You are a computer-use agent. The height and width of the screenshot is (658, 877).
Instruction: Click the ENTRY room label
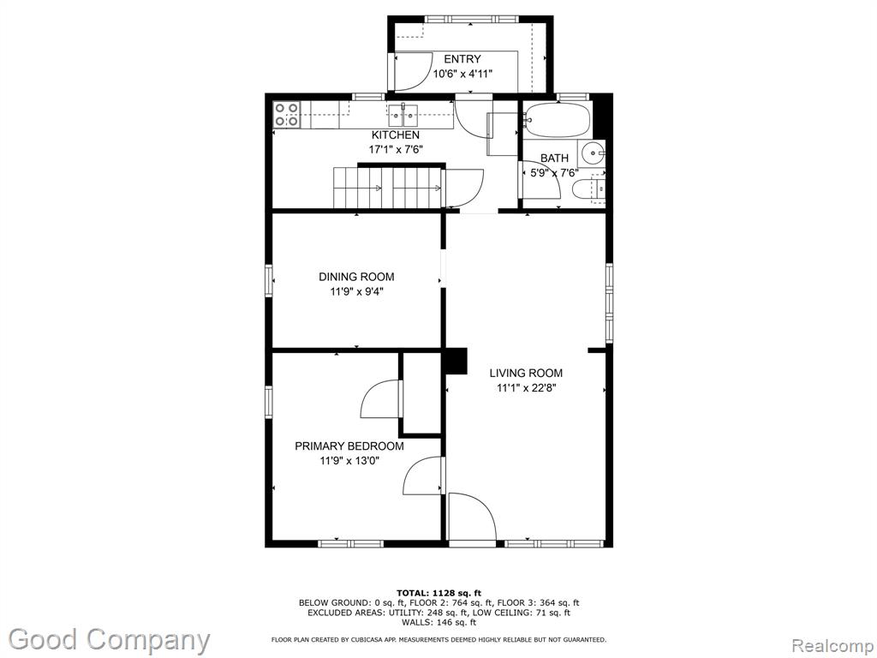(x=462, y=59)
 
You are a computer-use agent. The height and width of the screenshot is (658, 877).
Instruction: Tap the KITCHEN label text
(x=396, y=135)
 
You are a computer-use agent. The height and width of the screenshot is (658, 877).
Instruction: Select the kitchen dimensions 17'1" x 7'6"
(x=396, y=149)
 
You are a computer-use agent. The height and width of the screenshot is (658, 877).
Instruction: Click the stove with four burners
(x=286, y=114)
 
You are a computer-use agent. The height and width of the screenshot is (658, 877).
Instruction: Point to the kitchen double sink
(x=403, y=116)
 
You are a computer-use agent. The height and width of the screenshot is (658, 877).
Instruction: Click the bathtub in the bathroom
(x=558, y=119)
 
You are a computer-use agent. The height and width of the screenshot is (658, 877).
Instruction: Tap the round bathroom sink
(x=592, y=153)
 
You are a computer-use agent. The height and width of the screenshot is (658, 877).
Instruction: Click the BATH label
(x=554, y=159)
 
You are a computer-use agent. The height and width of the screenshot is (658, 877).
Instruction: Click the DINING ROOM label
(x=356, y=277)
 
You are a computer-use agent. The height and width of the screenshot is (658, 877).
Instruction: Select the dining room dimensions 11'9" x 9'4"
(x=356, y=291)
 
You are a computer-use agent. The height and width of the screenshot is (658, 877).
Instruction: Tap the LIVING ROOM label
(x=526, y=374)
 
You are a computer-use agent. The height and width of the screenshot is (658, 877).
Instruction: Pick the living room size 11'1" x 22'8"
(x=526, y=388)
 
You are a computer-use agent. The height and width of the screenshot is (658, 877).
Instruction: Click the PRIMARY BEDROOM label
(x=349, y=446)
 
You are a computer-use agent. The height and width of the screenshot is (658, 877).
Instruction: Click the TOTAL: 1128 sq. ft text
(x=438, y=593)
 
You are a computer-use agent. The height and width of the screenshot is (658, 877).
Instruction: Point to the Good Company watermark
(x=109, y=639)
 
